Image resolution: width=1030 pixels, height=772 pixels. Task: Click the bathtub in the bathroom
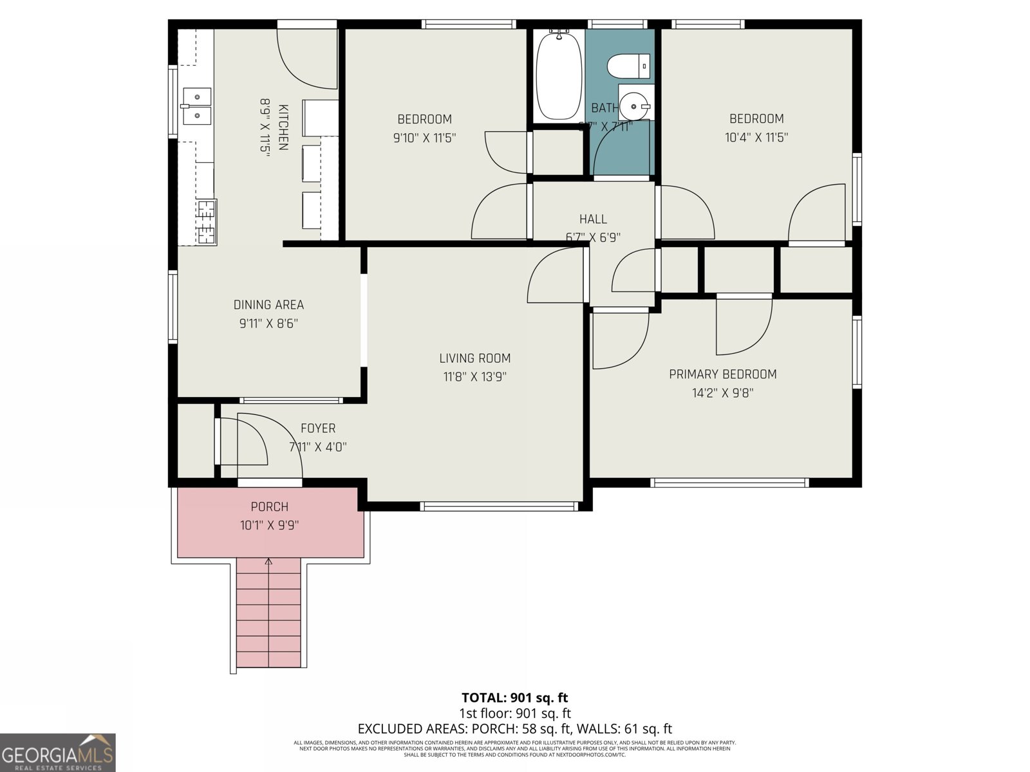[x=558, y=76]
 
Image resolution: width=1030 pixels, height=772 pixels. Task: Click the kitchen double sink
[x=196, y=106]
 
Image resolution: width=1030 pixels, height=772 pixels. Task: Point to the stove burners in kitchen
[x=206, y=222]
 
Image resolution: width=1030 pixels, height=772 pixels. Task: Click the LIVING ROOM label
[x=475, y=358]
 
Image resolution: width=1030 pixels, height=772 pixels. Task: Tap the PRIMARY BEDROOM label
[x=722, y=374]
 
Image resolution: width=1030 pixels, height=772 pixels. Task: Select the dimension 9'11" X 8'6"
[x=268, y=324]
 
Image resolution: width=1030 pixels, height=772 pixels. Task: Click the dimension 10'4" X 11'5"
[x=756, y=137]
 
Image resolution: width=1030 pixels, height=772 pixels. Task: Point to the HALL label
[x=592, y=219]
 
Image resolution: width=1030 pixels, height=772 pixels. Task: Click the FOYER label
[x=318, y=428]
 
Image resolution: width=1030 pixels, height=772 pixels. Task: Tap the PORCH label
[x=269, y=507]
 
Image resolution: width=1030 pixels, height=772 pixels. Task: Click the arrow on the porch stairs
[x=268, y=564]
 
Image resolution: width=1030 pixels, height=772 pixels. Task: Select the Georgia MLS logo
[x=58, y=753]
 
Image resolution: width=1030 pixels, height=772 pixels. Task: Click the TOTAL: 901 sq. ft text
[x=514, y=697]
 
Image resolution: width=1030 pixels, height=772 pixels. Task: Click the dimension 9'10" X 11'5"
[x=424, y=138]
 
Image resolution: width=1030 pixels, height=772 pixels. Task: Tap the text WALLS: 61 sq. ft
[x=624, y=729]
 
